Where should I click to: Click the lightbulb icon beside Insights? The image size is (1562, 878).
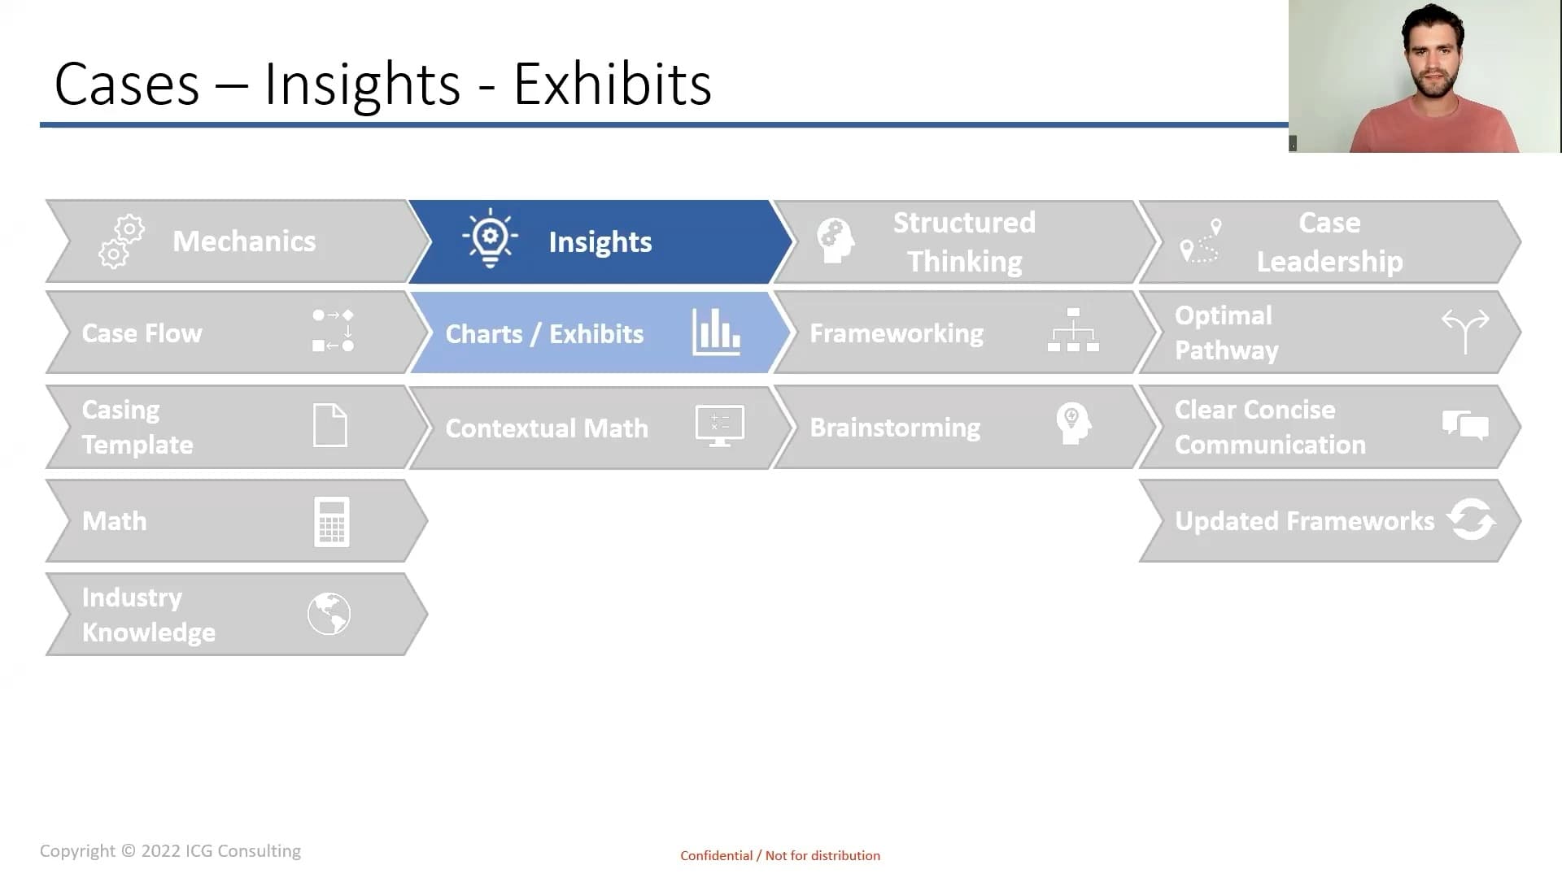(x=490, y=238)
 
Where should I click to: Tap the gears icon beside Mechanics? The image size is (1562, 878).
(x=121, y=241)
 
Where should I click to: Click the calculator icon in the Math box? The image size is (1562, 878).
(x=332, y=521)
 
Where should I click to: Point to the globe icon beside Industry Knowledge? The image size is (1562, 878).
(x=329, y=614)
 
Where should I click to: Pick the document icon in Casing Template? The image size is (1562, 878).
(x=330, y=425)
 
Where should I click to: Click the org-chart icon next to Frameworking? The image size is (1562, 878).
(x=1073, y=330)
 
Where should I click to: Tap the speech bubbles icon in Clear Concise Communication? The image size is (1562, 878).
(x=1465, y=424)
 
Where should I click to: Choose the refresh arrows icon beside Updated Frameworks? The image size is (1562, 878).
(x=1471, y=519)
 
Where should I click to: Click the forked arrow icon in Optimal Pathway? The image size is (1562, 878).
(x=1465, y=331)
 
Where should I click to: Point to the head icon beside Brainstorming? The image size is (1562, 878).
(x=1073, y=424)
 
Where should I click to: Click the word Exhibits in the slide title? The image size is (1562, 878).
(x=613, y=84)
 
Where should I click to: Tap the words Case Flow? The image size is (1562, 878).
(x=142, y=333)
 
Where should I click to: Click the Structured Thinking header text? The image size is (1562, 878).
(x=964, y=242)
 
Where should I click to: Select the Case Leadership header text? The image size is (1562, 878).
(x=1329, y=242)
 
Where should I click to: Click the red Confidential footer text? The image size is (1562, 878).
(x=780, y=855)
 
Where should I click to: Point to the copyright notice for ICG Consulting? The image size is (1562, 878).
(x=170, y=850)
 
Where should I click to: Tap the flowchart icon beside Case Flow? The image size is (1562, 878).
(x=333, y=330)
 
